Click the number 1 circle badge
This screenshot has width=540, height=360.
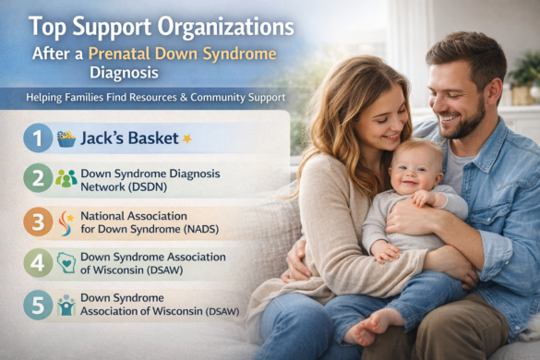[x=36, y=138]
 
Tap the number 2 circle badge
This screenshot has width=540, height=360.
[x=36, y=178]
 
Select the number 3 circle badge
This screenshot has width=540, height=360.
[x=36, y=221]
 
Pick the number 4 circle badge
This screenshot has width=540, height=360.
[x=36, y=262]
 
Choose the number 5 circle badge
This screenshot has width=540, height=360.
[x=36, y=305]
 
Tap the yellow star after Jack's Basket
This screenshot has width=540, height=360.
[x=186, y=138]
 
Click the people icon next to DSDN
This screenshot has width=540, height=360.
[x=66, y=178]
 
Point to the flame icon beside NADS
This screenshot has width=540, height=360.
[x=66, y=221]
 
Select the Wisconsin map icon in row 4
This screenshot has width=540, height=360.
[x=66, y=262]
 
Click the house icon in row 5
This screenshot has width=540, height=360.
[x=66, y=305]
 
